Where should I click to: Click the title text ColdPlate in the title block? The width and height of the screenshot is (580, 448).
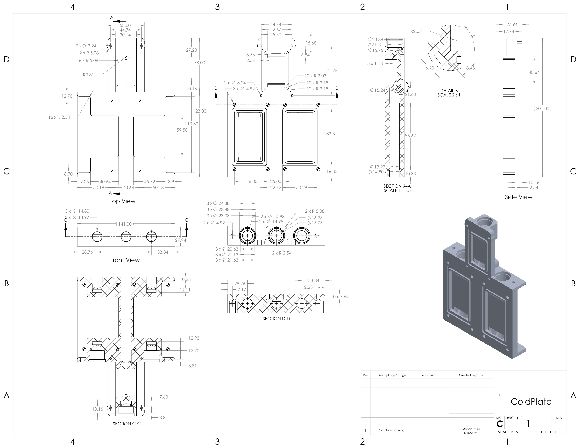tap(531, 402)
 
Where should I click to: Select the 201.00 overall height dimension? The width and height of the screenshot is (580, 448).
tap(542, 109)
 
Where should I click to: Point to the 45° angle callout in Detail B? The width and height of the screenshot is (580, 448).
tap(471, 37)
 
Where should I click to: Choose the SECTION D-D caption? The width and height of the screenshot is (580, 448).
tap(276, 318)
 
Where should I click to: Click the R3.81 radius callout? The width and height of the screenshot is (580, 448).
tap(88, 75)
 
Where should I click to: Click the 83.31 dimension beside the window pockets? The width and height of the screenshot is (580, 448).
tap(331, 134)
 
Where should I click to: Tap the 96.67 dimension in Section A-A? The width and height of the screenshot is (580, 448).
tap(410, 136)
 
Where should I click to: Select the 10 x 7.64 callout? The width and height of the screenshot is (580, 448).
tap(340, 297)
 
